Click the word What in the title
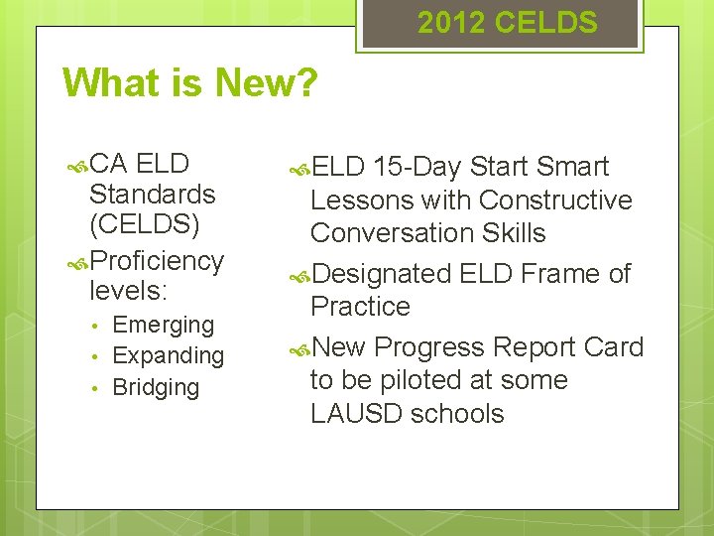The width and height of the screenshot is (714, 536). click(109, 83)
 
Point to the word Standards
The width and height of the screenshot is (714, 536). click(152, 194)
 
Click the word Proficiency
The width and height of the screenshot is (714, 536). click(157, 261)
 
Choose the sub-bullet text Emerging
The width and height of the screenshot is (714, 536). click(164, 325)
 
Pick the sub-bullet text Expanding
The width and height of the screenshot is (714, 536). click(169, 355)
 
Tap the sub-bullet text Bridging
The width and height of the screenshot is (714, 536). click(156, 387)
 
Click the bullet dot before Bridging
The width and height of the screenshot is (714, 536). click(93, 388)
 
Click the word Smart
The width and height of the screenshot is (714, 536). click(572, 167)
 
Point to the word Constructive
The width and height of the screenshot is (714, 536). click(555, 201)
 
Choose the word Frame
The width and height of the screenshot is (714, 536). click(560, 274)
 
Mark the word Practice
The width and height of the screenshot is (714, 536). click(360, 307)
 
